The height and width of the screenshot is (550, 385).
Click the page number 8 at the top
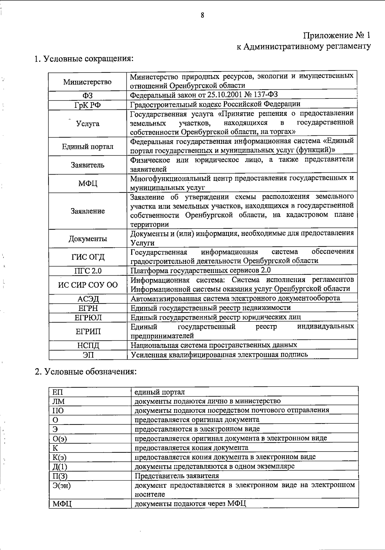pos(202,15)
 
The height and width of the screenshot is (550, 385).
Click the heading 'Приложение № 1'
pos(337,35)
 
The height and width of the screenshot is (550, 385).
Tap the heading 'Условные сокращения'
pos(84,59)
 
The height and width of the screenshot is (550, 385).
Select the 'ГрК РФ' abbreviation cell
pos(88,105)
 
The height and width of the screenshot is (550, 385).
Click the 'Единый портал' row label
pos(88,147)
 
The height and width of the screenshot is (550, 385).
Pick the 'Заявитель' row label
pos(88,165)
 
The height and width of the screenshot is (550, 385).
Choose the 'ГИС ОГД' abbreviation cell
pos(88,257)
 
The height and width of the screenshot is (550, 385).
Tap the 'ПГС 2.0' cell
pos(88,271)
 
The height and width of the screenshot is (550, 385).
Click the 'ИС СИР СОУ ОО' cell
pos(88,285)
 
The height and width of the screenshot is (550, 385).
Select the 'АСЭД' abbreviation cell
pos(88,299)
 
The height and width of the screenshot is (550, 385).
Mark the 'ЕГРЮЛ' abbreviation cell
pos(88,318)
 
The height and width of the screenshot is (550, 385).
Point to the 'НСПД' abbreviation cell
pos(88,345)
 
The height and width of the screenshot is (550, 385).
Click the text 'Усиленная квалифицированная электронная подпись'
pos(219,354)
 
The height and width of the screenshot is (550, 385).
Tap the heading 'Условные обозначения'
pos(86,372)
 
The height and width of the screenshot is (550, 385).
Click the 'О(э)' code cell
pos(60,439)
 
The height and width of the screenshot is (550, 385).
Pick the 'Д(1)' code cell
pos(60,467)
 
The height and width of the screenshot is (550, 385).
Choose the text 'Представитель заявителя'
pos(177,476)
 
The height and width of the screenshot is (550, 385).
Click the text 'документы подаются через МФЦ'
pos(190,503)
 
